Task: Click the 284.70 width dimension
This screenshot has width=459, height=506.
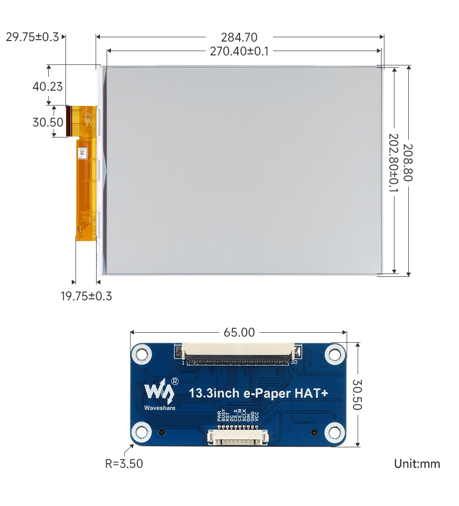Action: tap(239, 37)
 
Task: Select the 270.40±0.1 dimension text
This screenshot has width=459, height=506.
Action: tap(239, 51)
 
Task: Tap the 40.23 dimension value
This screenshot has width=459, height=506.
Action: tap(47, 86)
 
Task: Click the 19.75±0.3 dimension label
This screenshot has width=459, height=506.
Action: tap(86, 296)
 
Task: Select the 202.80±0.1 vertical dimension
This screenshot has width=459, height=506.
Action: tap(393, 163)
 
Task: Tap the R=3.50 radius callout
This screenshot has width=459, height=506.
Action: tap(124, 463)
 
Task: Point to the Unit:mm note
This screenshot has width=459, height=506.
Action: tap(417, 464)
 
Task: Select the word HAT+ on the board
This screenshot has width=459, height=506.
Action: tap(311, 394)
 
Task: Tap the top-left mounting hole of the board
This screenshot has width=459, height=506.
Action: tap(142, 354)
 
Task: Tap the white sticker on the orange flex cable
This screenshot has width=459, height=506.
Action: tap(83, 154)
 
